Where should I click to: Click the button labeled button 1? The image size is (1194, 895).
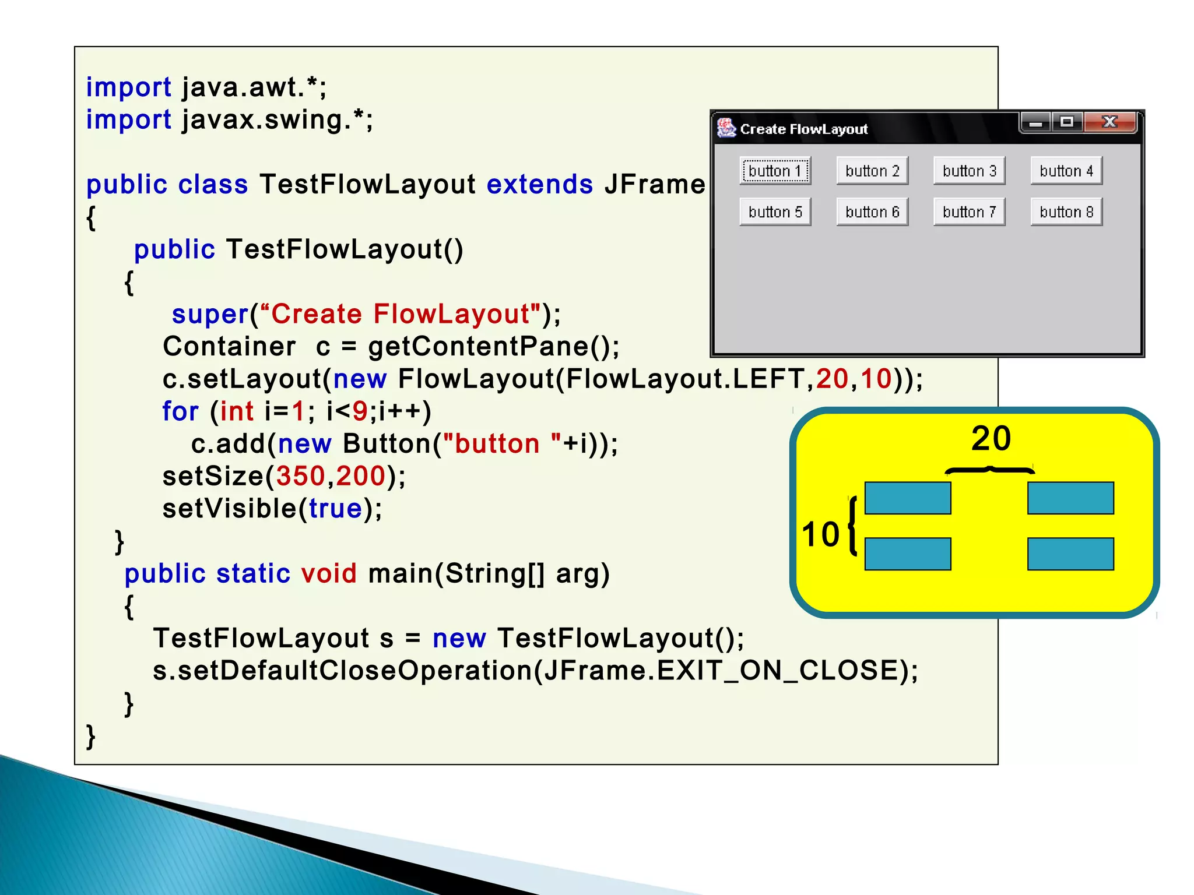coord(775,171)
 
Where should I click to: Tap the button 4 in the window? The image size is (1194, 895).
coord(1066,171)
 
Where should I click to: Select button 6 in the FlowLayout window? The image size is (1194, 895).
coord(872,212)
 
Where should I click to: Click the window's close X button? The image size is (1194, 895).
coord(1109,122)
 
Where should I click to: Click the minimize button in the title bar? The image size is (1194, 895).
coord(1036,122)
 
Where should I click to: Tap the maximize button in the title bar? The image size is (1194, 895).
coord(1067,122)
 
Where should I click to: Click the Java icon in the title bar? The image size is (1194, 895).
coord(726,128)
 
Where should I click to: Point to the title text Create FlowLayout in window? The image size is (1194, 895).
coord(803,129)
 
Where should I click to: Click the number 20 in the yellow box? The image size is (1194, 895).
coord(991,439)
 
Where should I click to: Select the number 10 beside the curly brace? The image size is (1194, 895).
coord(820,534)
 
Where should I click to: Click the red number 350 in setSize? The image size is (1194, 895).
coord(300,476)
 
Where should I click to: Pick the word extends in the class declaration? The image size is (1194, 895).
coord(539,185)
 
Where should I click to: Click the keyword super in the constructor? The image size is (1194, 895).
coord(210,315)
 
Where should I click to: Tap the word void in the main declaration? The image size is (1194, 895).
coord(328,573)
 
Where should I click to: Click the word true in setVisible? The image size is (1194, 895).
coord(335,509)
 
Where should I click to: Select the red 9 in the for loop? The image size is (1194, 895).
coord(360,411)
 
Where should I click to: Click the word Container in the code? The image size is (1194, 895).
coord(229,347)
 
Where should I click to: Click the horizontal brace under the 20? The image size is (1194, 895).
coord(989,470)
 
